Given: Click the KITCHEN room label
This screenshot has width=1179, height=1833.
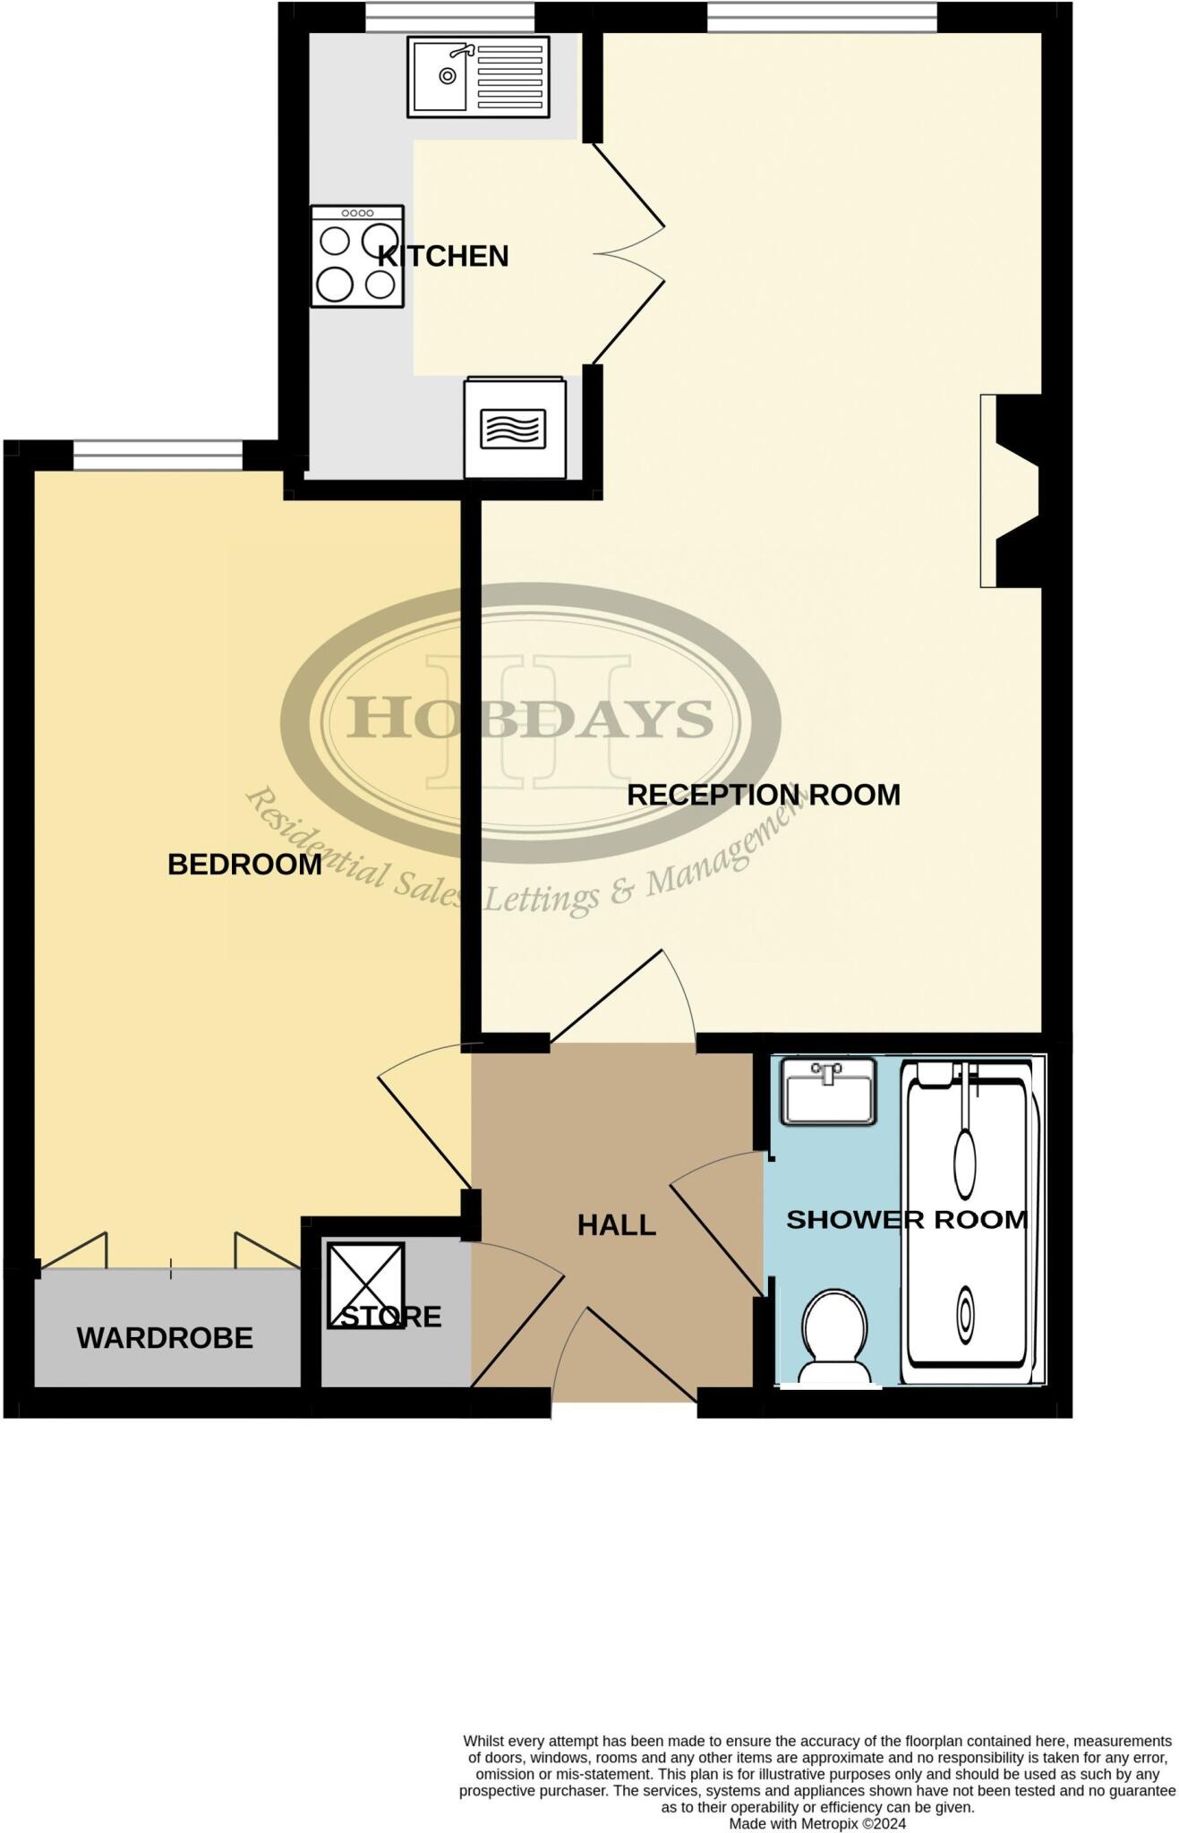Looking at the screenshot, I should pyautogui.click(x=442, y=257).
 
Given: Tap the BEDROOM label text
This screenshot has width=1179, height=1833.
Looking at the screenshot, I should pyautogui.click(x=244, y=865).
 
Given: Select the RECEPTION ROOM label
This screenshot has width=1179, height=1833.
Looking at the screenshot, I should pyautogui.click(x=763, y=795).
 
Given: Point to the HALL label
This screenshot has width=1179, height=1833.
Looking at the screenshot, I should pyautogui.click(x=616, y=1225).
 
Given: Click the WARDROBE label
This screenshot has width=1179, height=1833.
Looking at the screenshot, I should pyautogui.click(x=165, y=1338).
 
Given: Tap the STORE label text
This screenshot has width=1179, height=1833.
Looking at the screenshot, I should pyautogui.click(x=391, y=1317).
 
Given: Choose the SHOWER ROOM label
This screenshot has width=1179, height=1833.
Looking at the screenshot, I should pyautogui.click(x=906, y=1219).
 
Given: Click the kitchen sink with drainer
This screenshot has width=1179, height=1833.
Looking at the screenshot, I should pyautogui.click(x=477, y=77).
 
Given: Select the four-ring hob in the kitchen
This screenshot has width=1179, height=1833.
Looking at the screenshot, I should pyautogui.click(x=357, y=257).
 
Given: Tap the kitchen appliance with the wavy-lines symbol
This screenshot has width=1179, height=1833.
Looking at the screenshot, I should pyautogui.click(x=514, y=429).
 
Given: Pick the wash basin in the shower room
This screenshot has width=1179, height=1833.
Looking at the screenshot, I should pyautogui.click(x=828, y=1090).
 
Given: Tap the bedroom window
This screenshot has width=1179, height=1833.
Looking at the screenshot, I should pyautogui.click(x=158, y=455).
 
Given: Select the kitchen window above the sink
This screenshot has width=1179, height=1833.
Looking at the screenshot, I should pyautogui.click(x=449, y=17).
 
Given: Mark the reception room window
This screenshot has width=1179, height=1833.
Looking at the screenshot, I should pyautogui.click(x=821, y=17).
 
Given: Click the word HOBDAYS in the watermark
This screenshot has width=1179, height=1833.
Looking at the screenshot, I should pyautogui.click(x=530, y=719).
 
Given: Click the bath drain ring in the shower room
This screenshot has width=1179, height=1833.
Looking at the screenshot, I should pyautogui.click(x=965, y=1314).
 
